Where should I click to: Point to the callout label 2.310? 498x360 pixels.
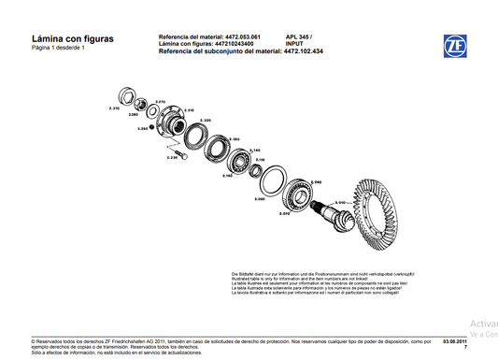pyautogui.click(x=114, y=109)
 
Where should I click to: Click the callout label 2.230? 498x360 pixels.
pyautogui.click(x=172, y=158)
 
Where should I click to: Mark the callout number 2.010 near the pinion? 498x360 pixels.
pyautogui.click(x=340, y=202)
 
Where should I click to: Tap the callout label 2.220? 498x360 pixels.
pyautogui.click(x=205, y=121)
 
